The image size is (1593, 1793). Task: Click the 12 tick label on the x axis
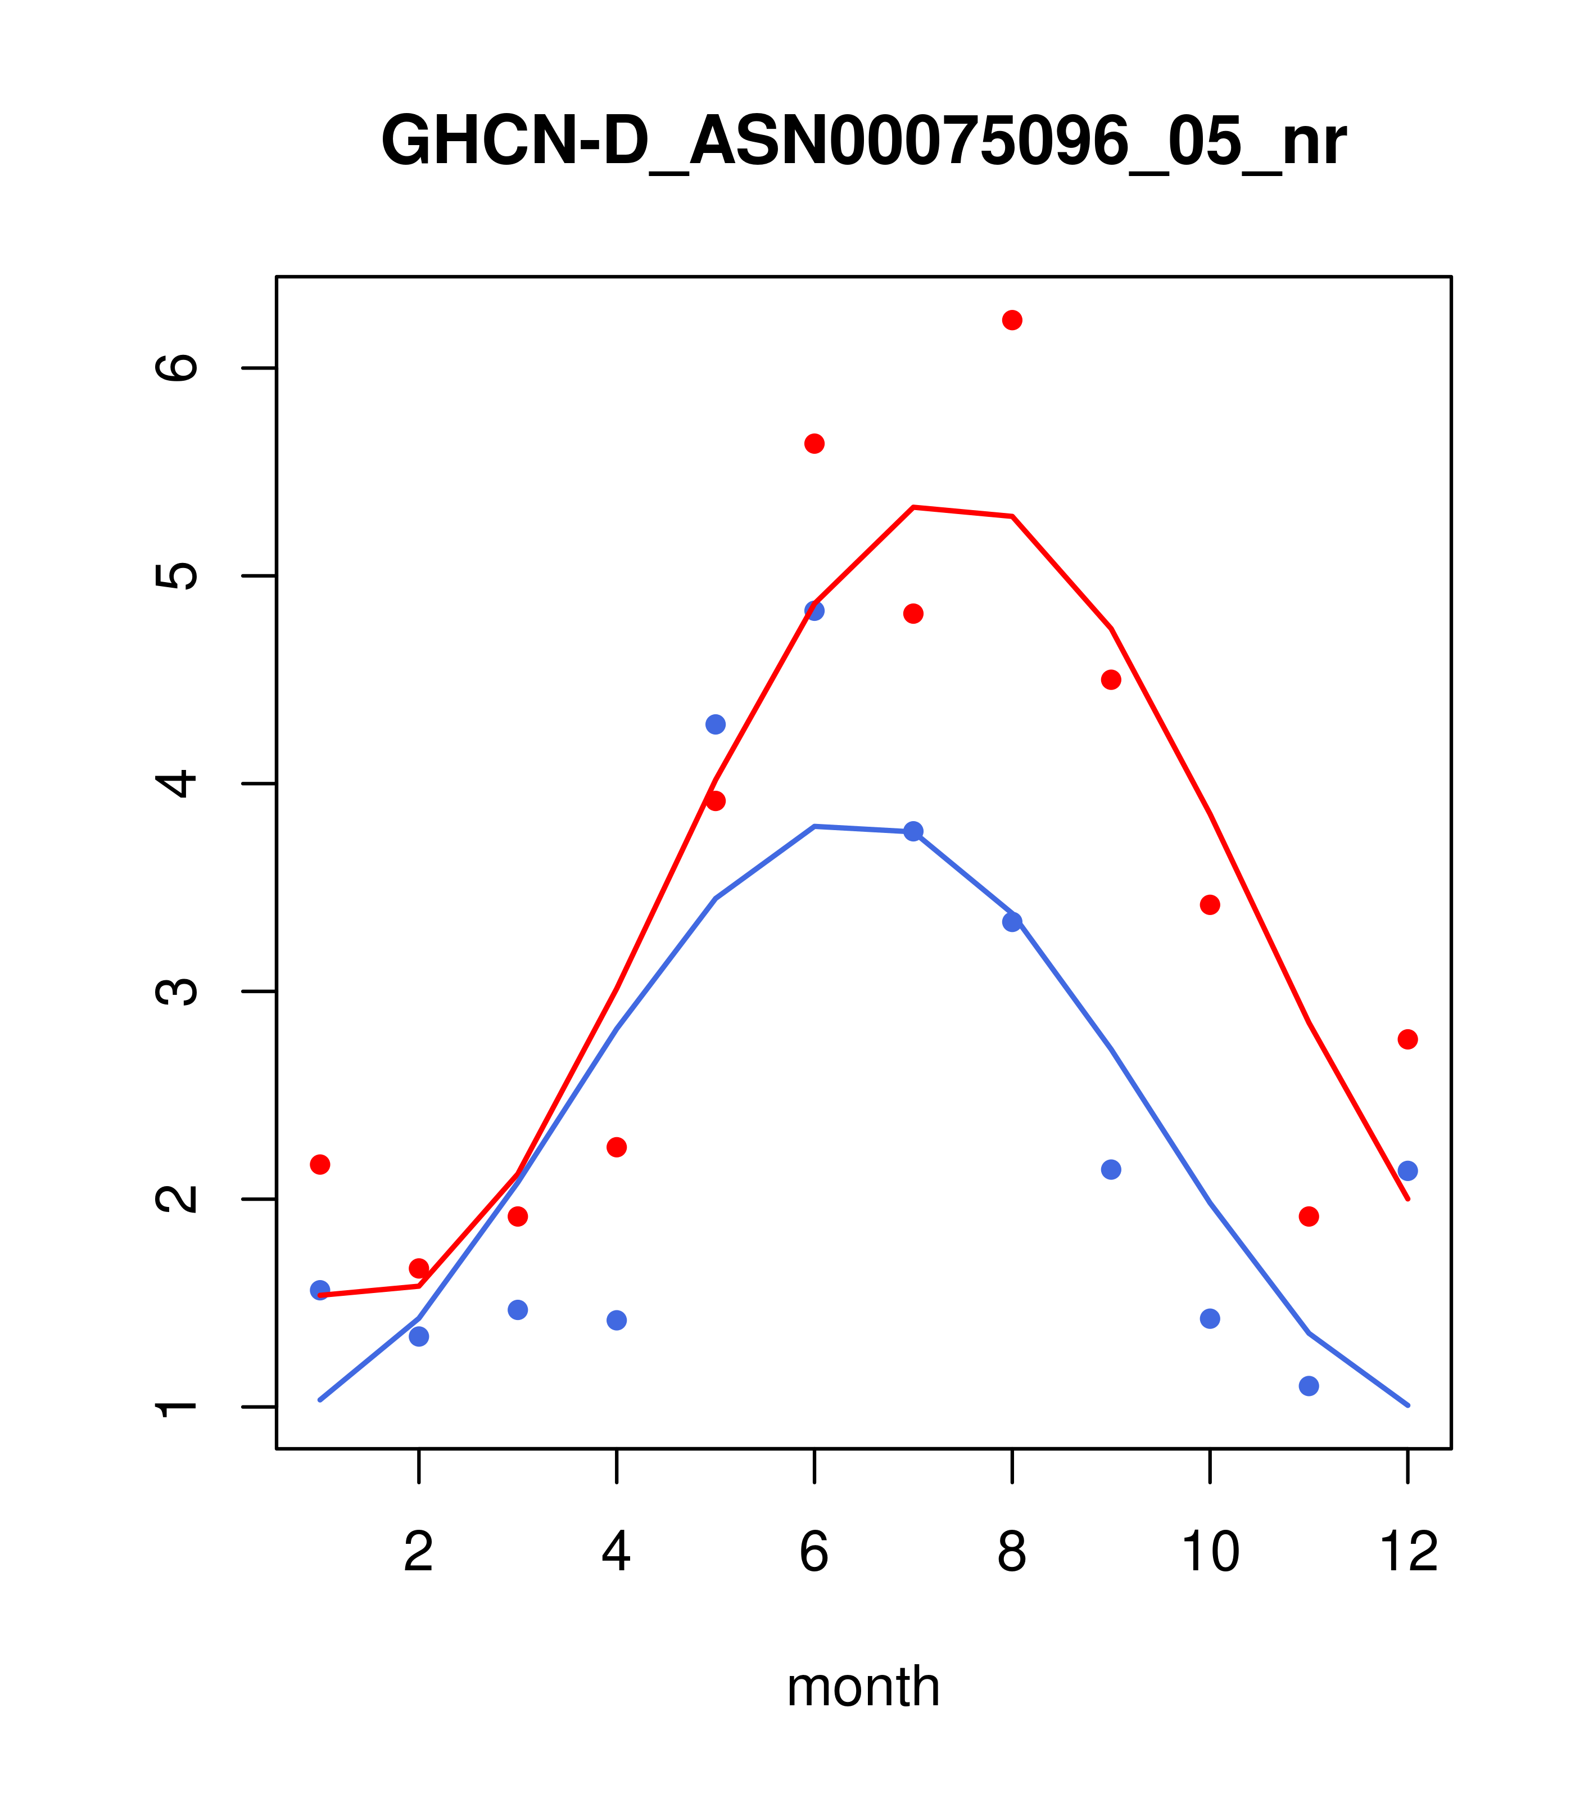click(1408, 1553)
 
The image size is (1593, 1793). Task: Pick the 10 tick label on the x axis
click(1210, 1553)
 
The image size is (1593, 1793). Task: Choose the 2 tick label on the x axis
click(419, 1553)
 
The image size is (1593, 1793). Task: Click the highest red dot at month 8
click(1012, 320)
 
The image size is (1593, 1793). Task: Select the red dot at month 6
click(814, 444)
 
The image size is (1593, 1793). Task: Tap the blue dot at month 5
click(716, 724)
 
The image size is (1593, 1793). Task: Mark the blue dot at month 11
click(1309, 1386)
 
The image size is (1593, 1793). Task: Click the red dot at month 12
click(1408, 1039)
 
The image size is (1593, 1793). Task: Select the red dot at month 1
click(320, 1164)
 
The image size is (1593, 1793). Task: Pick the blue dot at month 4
click(617, 1320)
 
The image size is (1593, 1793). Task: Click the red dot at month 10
click(1210, 905)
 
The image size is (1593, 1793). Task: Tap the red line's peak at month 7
click(913, 507)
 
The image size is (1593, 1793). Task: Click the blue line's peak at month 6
click(814, 826)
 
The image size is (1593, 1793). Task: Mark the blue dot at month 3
click(518, 1310)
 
